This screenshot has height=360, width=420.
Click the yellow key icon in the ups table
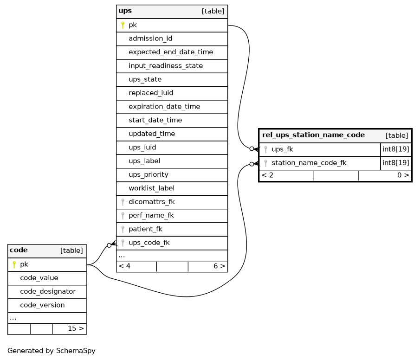[x=123, y=25]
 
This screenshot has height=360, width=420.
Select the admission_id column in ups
[x=150, y=39]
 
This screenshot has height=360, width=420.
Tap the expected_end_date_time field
[x=171, y=52]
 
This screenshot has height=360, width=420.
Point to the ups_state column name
[x=145, y=79]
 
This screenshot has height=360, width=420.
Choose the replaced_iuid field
[x=151, y=93]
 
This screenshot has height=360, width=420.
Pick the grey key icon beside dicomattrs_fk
[x=123, y=202]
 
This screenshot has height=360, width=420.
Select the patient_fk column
[x=145, y=229]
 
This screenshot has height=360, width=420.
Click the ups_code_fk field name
[x=149, y=243]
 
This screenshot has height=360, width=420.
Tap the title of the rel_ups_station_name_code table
[x=313, y=135]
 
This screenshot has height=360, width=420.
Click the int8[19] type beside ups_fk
[x=395, y=149]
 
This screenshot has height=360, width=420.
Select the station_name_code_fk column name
[x=309, y=163]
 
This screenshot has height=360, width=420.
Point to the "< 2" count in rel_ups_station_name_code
[x=267, y=175]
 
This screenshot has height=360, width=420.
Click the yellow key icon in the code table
[x=14, y=264]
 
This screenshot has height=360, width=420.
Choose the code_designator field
[x=48, y=291]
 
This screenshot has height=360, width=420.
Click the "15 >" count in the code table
[x=76, y=328]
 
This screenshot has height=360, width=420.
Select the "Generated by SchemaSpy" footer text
[x=52, y=351]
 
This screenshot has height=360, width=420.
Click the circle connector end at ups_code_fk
[x=109, y=245]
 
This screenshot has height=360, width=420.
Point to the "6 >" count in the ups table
[x=220, y=266]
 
